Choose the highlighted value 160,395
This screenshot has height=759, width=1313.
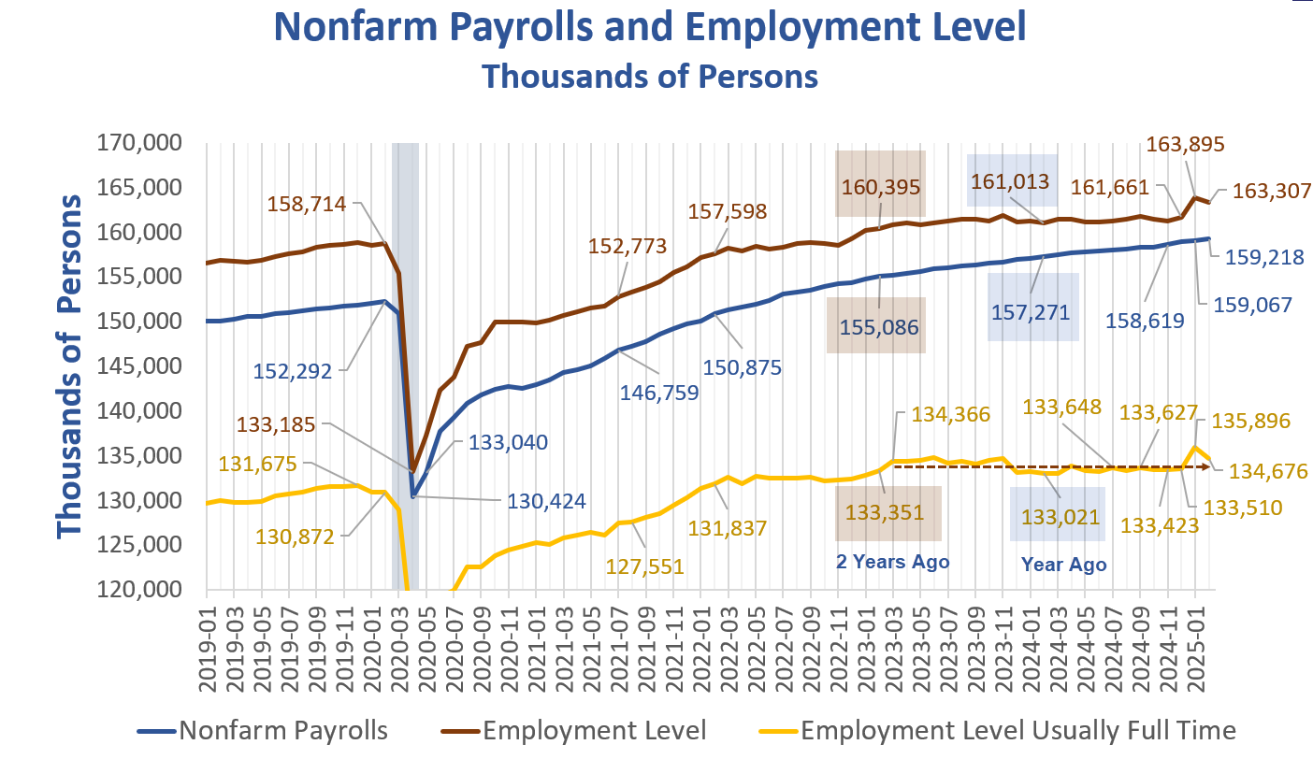point(880,187)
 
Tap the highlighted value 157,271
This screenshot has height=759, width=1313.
point(1032,308)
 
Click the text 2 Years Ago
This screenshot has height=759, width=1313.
point(890,562)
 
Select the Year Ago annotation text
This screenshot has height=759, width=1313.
point(1063,565)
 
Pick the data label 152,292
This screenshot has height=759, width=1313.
point(294,371)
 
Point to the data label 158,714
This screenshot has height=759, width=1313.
point(308,203)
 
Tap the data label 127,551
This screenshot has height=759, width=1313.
point(646,566)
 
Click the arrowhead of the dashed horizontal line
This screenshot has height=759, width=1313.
point(1208,466)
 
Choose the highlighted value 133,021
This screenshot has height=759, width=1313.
point(1058,516)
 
